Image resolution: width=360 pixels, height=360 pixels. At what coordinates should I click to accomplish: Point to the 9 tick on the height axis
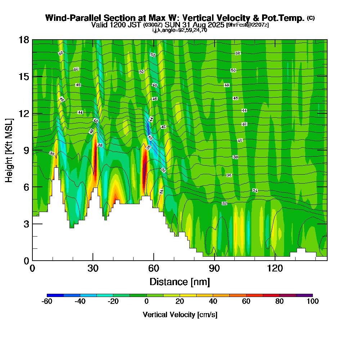point(26,150)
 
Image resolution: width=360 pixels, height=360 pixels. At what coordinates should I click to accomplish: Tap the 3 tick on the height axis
point(26,224)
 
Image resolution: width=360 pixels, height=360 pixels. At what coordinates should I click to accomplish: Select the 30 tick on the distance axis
point(93,269)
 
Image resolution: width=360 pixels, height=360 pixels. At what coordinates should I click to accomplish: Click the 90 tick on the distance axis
point(215,269)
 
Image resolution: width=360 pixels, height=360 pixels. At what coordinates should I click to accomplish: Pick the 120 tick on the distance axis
point(275,269)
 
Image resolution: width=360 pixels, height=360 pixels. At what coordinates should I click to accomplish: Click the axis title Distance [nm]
point(180,281)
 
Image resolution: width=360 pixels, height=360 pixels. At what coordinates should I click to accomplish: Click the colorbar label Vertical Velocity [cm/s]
point(180,315)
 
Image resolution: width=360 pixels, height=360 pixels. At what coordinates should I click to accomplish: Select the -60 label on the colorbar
point(47,302)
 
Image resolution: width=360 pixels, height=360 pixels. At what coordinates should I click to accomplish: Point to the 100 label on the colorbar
point(312,302)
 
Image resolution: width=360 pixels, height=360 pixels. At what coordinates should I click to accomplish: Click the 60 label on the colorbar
point(246,302)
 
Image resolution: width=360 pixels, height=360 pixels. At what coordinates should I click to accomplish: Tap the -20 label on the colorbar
point(113,302)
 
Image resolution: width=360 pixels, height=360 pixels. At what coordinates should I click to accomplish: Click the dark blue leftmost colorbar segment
point(55,295)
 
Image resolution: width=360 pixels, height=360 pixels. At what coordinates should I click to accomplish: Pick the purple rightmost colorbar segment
point(304,295)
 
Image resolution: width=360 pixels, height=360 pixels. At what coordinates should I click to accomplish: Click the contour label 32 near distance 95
point(225,203)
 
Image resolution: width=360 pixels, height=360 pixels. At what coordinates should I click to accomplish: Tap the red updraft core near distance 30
point(95,158)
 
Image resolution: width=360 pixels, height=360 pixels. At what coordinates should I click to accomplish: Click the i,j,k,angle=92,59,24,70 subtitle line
point(180,30)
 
